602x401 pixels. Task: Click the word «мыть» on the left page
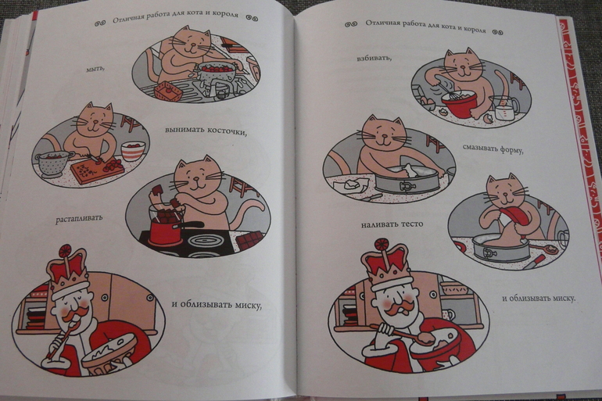tap(95, 69)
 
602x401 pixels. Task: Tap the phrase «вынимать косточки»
tap(206, 131)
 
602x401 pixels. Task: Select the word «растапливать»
tap(79, 219)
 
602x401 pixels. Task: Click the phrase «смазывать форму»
tap(493, 149)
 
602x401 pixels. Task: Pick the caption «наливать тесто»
tap(392, 224)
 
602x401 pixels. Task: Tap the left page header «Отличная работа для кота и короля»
tap(175, 17)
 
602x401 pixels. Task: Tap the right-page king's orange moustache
tap(400, 308)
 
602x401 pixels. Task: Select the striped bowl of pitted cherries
tap(133, 150)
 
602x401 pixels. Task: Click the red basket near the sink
tap(168, 91)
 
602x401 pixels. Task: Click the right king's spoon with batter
tap(403, 333)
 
